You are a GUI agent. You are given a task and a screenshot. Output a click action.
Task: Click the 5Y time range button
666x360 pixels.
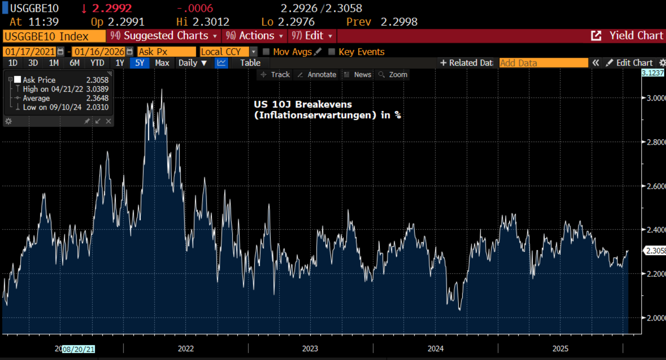(x=139, y=63)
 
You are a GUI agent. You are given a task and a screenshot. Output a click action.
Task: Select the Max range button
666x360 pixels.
(x=162, y=63)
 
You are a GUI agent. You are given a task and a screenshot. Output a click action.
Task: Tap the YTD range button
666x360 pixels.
(x=97, y=63)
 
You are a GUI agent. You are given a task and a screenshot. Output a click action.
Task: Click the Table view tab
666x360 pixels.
(x=250, y=63)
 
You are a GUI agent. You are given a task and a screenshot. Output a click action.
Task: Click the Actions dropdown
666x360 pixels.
(x=255, y=36)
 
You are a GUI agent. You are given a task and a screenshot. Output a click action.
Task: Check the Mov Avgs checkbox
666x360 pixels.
(x=266, y=52)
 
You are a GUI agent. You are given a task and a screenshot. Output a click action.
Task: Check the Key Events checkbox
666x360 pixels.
(x=332, y=52)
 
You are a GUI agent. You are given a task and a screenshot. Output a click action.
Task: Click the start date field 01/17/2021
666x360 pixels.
(x=30, y=52)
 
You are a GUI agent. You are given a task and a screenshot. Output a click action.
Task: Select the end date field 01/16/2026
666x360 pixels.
(x=99, y=52)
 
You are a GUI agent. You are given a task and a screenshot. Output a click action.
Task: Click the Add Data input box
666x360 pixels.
(x=543, y=63)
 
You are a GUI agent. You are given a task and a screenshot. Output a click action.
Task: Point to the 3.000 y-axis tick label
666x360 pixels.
(x=655, y=98)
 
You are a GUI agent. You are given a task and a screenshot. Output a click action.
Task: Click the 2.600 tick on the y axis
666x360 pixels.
(x=655, y=186)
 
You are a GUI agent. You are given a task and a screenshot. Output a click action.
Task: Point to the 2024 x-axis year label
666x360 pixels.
(x=435, y=349)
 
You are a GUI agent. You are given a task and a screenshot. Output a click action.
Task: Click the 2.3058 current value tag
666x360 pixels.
(x=655, y=251)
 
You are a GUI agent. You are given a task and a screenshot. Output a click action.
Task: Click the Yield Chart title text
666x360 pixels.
(x=636, y=36)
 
